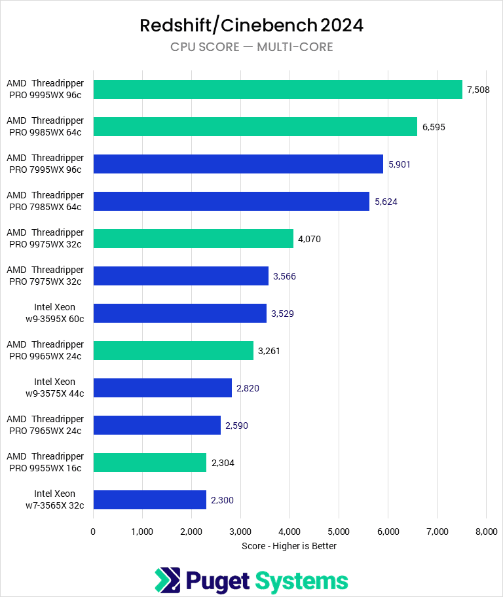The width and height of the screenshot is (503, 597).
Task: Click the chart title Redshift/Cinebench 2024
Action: click(x=251, y=26)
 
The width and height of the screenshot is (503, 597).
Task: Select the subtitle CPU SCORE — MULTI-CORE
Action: click(x=251, y=47)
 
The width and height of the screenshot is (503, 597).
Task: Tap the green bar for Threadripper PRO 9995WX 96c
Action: click(x=278, y=89)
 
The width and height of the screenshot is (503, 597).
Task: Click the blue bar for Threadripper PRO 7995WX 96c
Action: click(x=238, y=164)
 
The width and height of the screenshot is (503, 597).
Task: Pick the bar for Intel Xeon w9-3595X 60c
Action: click(x=179, y=313)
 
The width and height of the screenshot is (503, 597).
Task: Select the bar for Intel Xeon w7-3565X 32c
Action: click(x=149, y=499)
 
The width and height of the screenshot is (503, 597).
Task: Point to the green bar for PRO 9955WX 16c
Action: click(x=149, y=462)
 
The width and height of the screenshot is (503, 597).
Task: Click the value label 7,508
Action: click(x=479, y=89)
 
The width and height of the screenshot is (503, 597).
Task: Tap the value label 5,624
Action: click(x=386, y=202)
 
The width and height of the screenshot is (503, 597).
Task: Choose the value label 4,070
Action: click(x=309, y=239)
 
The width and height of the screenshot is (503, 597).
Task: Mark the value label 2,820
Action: click(x=248, y=388)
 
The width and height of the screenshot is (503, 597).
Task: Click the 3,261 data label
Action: click(x=269, y=351)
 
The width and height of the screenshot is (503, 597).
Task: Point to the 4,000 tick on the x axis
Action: click(x=289, y=532)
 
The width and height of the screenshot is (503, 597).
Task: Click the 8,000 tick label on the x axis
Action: click(x=485, y=532)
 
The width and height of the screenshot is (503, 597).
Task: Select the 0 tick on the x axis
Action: click(x=94, y=532)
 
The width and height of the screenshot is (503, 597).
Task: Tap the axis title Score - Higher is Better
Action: click(x=289, y=546)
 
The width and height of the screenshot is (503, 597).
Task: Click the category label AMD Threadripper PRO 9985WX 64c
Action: click(x=45, y=126)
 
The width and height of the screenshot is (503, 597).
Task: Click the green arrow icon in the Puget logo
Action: click(x=167, y=581)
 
